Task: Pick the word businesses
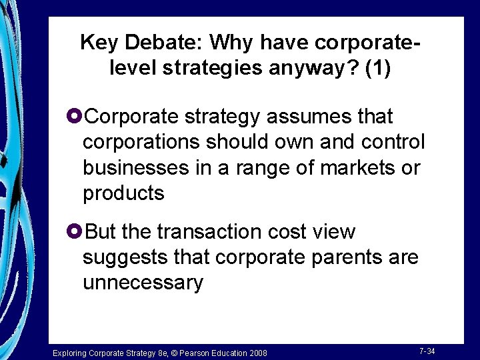[136, 168]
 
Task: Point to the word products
[123, 194]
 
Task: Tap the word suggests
[122, 257]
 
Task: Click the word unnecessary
[143, 283]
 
